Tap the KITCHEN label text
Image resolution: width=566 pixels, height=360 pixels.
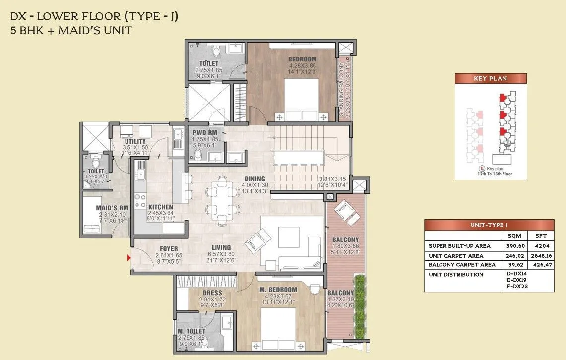(160, 207)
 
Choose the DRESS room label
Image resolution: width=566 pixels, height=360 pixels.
(212, 293)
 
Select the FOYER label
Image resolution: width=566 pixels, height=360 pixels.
(169, 248)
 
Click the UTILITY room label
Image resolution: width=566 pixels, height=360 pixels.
(135, 141)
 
